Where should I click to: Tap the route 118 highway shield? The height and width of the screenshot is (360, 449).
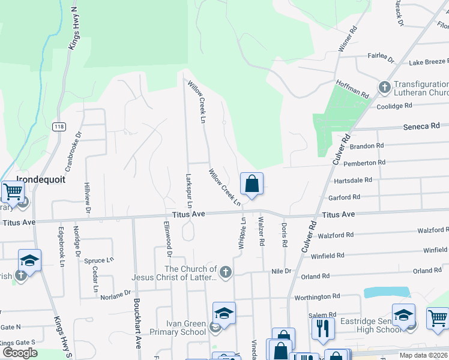[58, 127]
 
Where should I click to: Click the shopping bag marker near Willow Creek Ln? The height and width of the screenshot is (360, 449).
[252, 184]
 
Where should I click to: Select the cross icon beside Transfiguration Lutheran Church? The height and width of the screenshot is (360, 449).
[384, 88]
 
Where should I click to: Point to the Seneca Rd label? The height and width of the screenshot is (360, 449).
[421, 127]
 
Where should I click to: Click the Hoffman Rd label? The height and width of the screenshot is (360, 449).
[352, 89]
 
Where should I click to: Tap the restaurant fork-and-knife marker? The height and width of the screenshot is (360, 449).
[323, 328]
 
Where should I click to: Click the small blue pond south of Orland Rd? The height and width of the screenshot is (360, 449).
[387, 292]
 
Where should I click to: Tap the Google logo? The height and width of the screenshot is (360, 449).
[20, 353]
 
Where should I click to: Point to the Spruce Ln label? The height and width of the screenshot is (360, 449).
[98, 260]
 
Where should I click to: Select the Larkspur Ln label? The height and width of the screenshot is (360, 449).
[188, 191]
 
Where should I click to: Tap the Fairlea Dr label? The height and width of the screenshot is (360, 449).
[381, 59]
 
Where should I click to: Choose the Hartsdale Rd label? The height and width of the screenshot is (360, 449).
[352, 180]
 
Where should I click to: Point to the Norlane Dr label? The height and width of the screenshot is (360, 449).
[115, 294]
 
